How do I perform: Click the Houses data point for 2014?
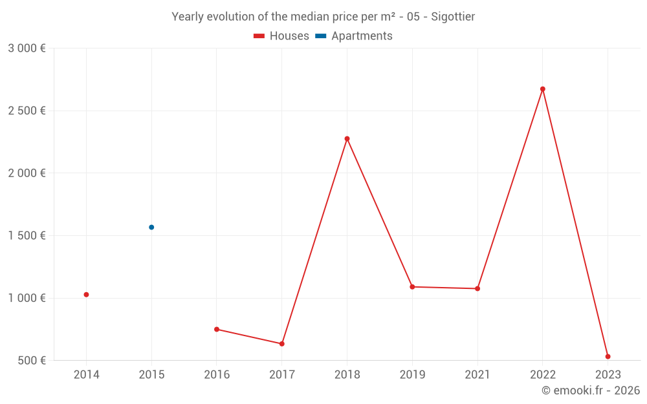pyautogui.click(x=86, y=295)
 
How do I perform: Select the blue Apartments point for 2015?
pyautogui.click(x=151, y=228)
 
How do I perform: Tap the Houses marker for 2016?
pyautogui.click(x=217, y=330)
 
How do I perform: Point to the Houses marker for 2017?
pyautogui.click(x=282, y=344)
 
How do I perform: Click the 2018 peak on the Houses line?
pyautogui.click(x=347, y=139)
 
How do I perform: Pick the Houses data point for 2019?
pyautogui.click(x=412, y=287)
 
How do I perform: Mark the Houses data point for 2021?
pyautogui.click(x=477, y=288)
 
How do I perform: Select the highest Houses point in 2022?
pyautogui.click(x=543, y=89)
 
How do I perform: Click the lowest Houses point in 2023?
pyautogui.click(x=608, y=357)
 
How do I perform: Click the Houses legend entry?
pyautogui.click(x=281, y=36)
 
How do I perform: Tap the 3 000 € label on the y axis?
pyautogui.click(x=27, y=48)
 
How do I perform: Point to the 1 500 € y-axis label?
pyautogui.click(x=27, y=236)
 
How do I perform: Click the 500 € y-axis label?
pyautogui.click(x=31, y=361)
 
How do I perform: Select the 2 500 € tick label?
pyautogui.click(x=27, y=111)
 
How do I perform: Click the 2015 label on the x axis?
pyautogui.click(x=151, y=375)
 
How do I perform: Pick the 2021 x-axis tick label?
pyautogui.click(x=477, y=375)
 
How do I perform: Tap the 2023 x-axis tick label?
pyautogui.click(x=608, y=375)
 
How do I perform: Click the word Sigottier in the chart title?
pyautogui.click(x=452, y=17)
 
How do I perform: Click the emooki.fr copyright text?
pyautogui.click(x=591, y=390)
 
